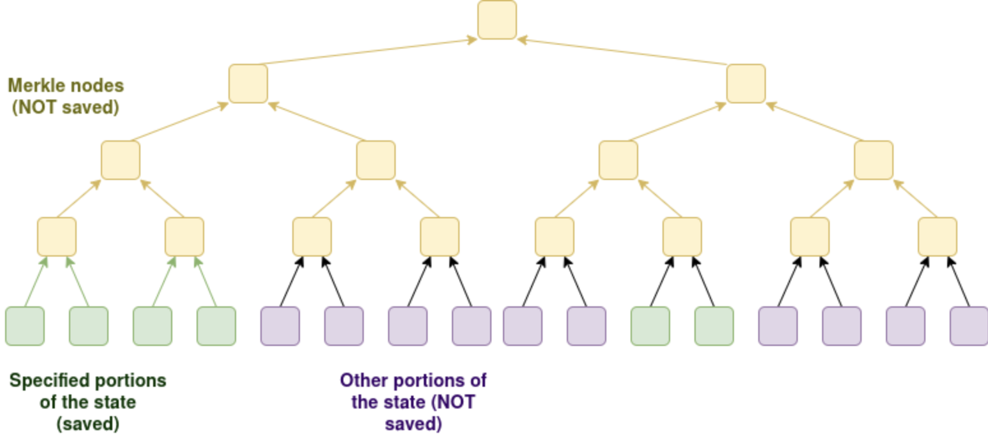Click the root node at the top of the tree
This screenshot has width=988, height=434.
tap(497, 20)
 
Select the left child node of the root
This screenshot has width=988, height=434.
tap(248, 84)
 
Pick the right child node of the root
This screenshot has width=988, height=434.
tap(745, 84)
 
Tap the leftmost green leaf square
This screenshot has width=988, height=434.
tap(25, 326)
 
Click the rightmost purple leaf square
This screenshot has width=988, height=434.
tap(969, 326)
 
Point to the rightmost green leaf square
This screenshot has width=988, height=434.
tap(714, 326)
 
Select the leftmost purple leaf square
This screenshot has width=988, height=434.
tap(280, 326)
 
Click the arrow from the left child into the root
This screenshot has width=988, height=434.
tap(367, 52)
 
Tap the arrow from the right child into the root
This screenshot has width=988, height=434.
tap(622, 52)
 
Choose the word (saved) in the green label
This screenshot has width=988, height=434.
tap(87, 423)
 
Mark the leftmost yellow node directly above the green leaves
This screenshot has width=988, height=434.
tap(57, 237)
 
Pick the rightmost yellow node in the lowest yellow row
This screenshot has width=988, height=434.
tap(937, 237)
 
